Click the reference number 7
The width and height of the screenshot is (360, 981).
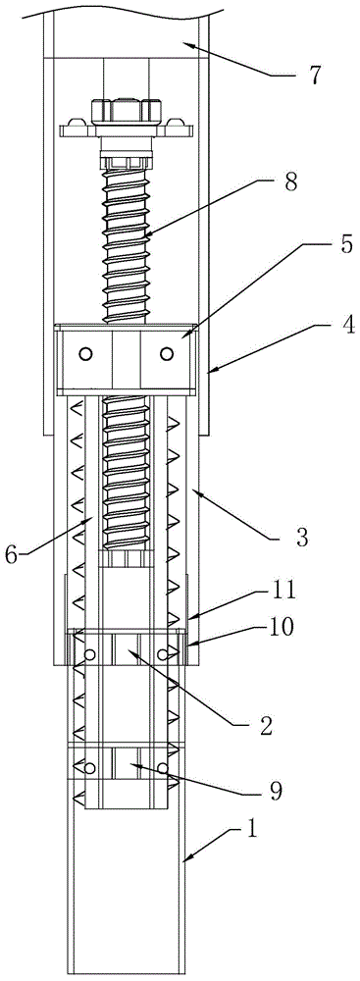point(314,76)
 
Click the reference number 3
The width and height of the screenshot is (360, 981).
point(301,538)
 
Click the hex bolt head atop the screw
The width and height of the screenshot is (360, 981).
point(123,111)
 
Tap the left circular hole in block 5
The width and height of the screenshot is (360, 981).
point(85,355)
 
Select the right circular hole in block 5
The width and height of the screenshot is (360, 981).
point(166,355)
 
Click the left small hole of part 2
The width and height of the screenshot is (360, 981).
point(90,654)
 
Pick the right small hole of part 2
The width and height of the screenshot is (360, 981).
point(162,654)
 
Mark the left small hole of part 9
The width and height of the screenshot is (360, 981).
point(90,768)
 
